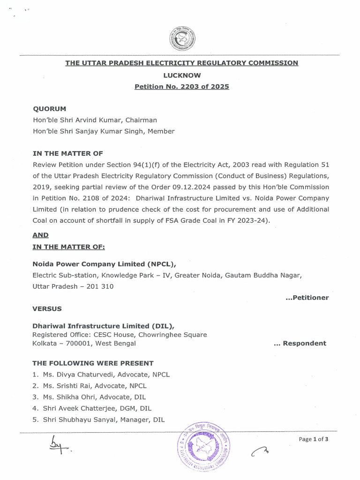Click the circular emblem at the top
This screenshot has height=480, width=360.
pyautogui.click(x=182, y=38)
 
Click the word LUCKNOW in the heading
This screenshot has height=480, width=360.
pyautogui.click(x=181, y=75)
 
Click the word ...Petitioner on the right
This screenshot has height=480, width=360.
pyautogui.click(x=307, y=298)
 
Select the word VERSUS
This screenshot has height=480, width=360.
pyautogui.click(x=46, y=309)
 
